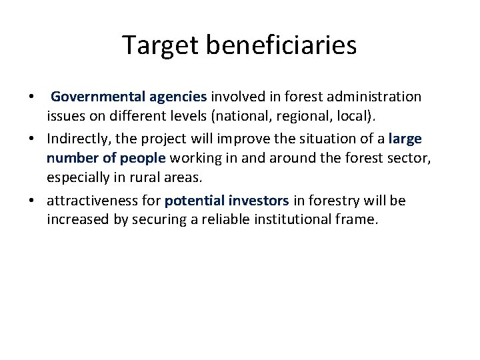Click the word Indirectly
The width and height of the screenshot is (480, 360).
point(78,138)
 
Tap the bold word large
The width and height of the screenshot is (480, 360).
point(405,138)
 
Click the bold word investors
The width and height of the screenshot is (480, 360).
point(259,201)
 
